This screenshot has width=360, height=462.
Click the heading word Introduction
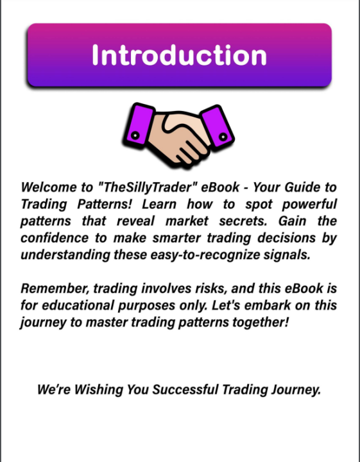179,55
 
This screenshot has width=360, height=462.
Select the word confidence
53,238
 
